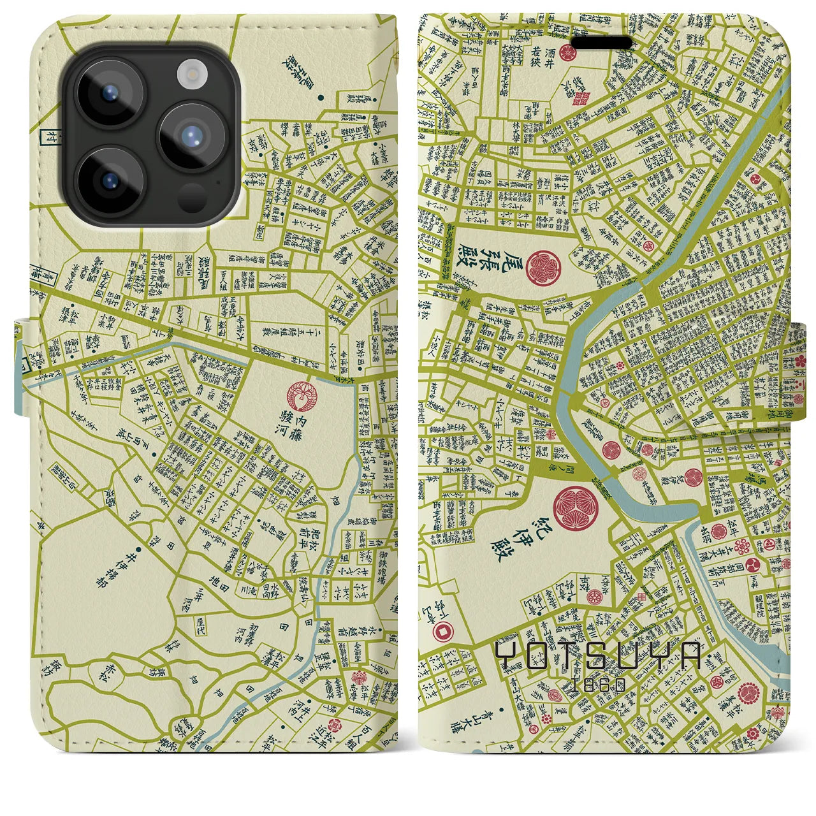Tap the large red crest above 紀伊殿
pyautogui.click(x=576, y=508)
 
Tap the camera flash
pyautogui.click(x=191, y=74)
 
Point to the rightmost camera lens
pyautogui.click(x=191, y=138)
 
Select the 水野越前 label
pyautogui.click(x=382, y=639)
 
